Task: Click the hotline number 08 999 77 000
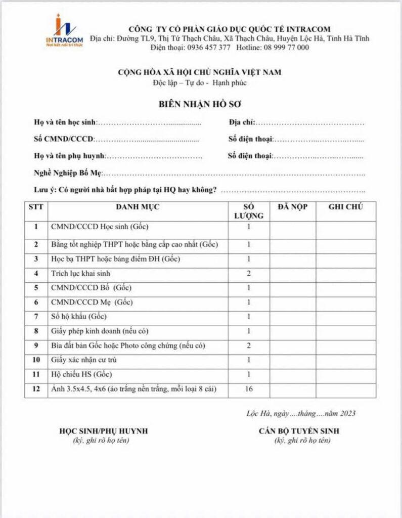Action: [286, 48]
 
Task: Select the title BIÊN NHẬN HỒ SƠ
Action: [201, 105]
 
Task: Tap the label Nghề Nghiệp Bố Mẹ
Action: [68, 173]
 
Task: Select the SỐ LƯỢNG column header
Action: [249, 211]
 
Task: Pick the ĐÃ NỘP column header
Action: [293, 207]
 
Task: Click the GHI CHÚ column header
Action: [345, 207]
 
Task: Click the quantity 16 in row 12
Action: [249, 389]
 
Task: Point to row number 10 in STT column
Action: [36, 360]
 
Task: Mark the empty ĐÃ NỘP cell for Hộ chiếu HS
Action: [293, 375]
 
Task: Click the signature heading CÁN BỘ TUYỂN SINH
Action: [299, 431]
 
